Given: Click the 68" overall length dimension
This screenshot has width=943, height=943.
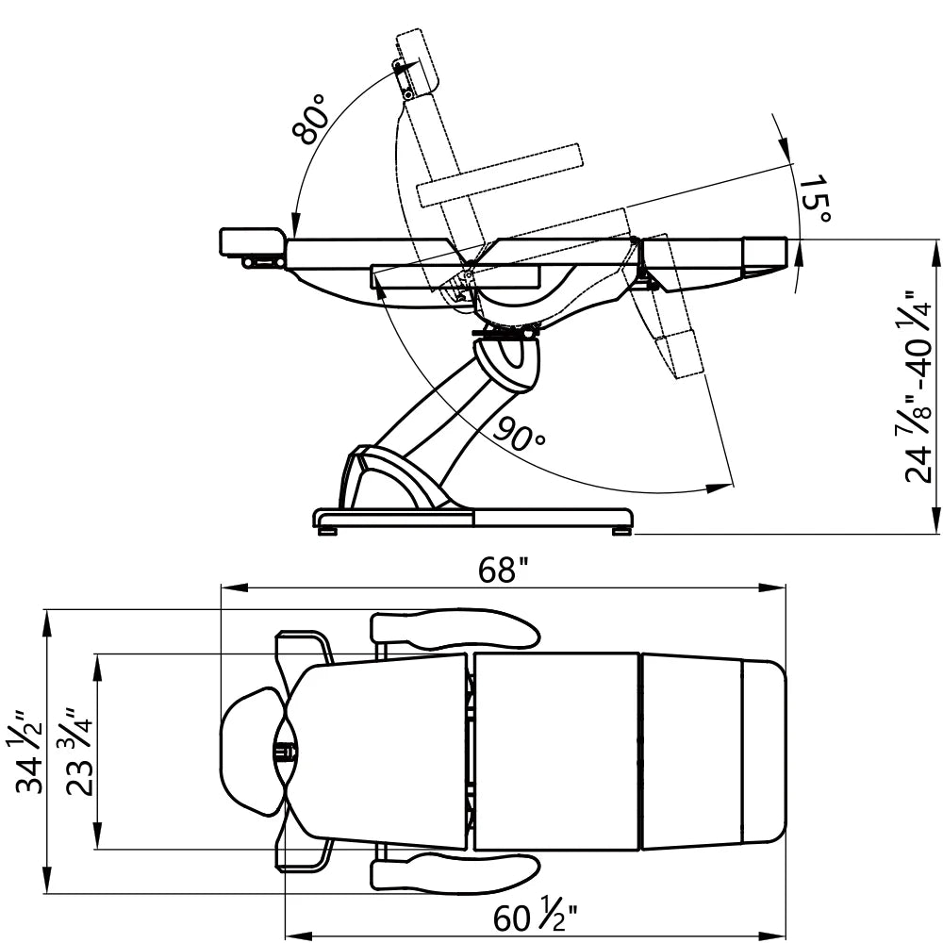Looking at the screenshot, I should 503,570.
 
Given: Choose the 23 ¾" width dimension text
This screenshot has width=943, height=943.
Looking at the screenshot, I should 81,752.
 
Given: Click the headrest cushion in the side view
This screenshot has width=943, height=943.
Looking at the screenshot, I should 252,241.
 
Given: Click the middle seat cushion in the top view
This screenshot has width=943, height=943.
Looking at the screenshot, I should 556,752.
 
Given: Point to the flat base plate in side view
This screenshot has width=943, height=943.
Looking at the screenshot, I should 471,518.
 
